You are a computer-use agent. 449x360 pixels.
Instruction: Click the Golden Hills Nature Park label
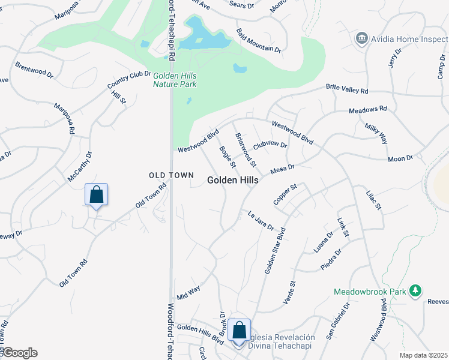(175, 80)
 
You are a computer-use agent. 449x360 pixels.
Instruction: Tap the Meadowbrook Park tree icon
(415, 291)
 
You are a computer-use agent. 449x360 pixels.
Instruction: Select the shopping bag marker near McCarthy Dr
(96, 194)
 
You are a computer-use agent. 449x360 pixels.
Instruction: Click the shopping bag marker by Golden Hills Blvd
(239, 331)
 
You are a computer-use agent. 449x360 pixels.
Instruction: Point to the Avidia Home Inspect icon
(361, 39)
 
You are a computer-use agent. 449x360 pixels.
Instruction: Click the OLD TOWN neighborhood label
(172, 175)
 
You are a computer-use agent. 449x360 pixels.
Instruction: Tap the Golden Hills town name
(233, 180)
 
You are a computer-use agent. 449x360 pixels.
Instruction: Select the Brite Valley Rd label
(346, 89)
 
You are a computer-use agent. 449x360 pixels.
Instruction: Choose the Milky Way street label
(376, 134)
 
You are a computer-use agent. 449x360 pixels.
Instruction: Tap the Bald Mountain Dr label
(258, 40)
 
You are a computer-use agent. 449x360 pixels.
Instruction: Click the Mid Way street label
(188, 293)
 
